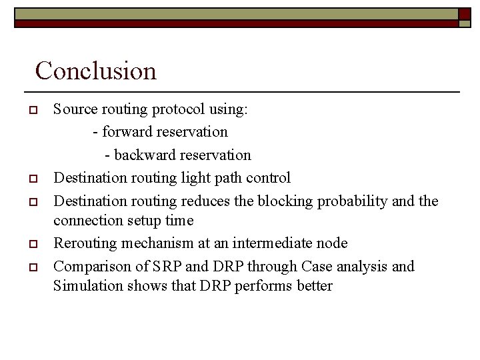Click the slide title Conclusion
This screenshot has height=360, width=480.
(95, 71)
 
